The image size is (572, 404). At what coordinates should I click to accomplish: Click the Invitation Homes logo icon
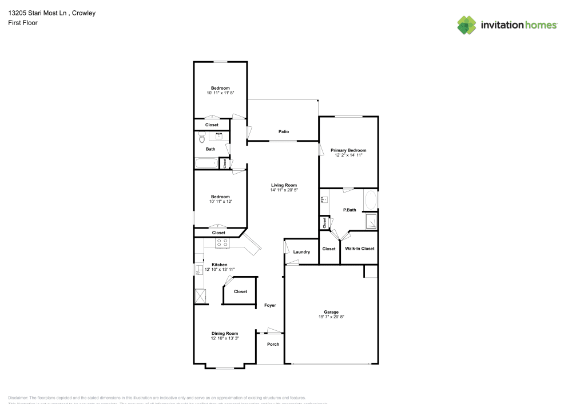pyautogui.click(x=467, y=25)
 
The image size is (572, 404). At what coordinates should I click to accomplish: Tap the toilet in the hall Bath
pyautogui.click(x=201, y=138)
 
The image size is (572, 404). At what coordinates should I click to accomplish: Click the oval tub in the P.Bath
pyautogui.click(x=370, y=201)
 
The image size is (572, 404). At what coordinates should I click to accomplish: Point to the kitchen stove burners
pyautogui.click(x=222, y=243)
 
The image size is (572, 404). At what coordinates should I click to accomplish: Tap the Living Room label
pyautogui.click(x=284, y=185)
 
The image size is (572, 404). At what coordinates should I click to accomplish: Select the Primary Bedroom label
pyautogui.click(x=348, y=150)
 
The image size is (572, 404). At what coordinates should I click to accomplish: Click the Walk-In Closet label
pyautogui.click(x=359, y=249)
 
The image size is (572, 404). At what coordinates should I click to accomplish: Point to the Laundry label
pyautogui.click(x=301, y=252)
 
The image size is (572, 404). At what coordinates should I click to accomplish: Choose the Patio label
pyautogui.click(x=283, y=131)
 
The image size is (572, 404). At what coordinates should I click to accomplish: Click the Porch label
pyautogui.click(x=273, y=344)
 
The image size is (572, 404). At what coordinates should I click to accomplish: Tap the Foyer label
pyautogui.click(x=270, y=305)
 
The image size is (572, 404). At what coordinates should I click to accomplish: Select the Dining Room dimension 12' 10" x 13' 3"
pyautogui.click(x=225, y=338)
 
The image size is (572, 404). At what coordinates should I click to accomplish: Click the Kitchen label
pyautogui.click(x=220, y=265)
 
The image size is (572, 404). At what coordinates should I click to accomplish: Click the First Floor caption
pyautogui.click(x=23, y=23)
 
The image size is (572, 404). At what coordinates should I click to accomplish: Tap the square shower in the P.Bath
pyautogui.click(x=371, y=221)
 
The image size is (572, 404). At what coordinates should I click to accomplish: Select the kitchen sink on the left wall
pyautogui.click(x=198, y=270)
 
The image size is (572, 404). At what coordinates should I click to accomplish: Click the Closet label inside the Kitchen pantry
pyautogui.click(x=240, y=291)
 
